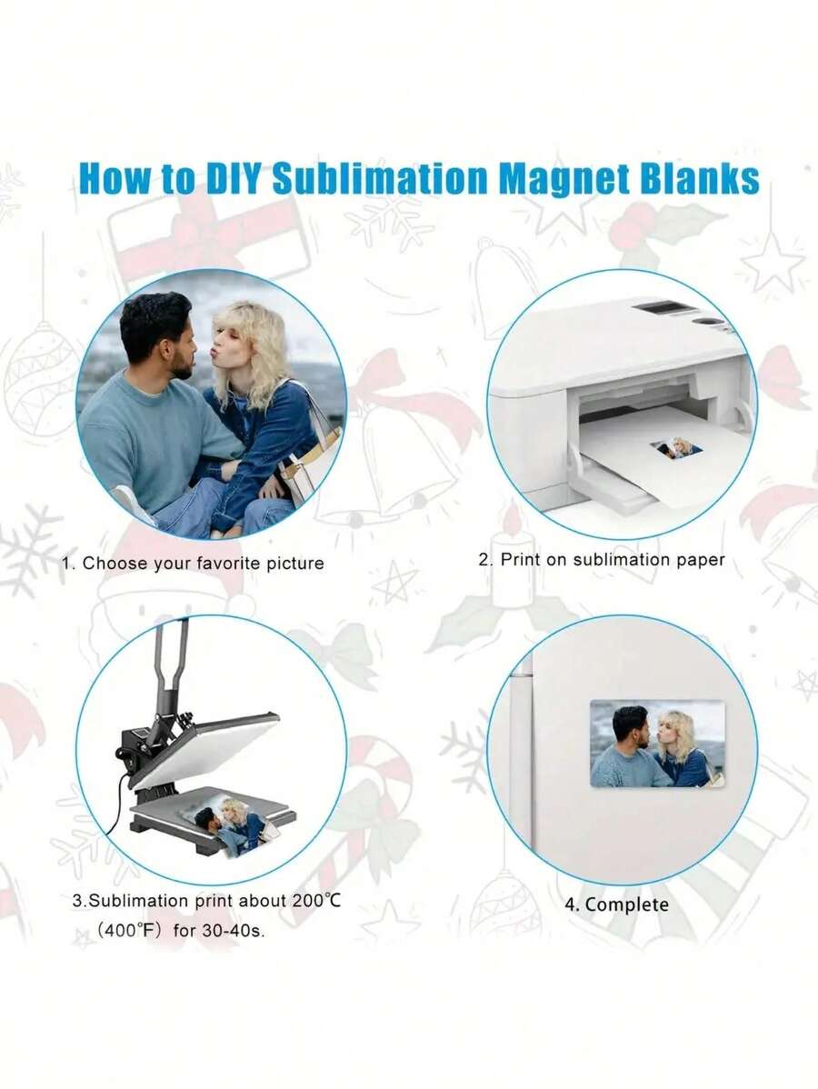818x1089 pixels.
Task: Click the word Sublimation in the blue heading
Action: click(381, 178)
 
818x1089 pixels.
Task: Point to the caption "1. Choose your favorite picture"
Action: click(193, 564)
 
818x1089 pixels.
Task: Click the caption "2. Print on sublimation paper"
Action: click(602, 560)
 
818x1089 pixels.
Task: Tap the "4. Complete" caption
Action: click(616, 904)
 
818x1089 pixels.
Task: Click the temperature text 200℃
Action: click(316, 901)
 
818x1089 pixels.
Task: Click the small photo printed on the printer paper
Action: click(676, 449)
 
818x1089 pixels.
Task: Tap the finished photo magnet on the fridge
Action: click(657, 744)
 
